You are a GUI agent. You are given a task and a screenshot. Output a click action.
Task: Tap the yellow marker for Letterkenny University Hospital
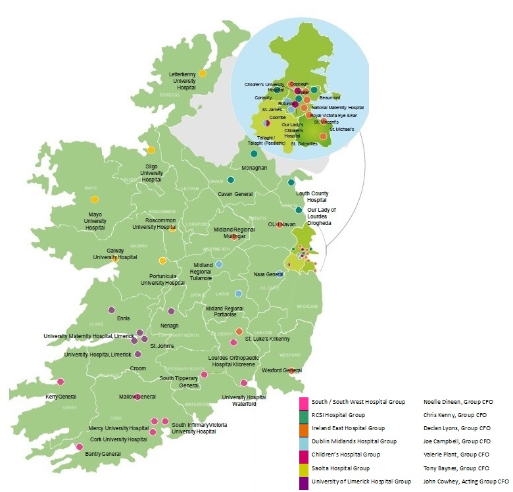[x=203, y=74]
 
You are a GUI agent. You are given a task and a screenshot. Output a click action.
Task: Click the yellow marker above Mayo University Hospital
[x=95, y=199]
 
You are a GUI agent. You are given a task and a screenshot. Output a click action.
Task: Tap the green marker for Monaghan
[x=253, y=154]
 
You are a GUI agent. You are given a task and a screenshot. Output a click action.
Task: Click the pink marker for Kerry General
[x=61, y=381]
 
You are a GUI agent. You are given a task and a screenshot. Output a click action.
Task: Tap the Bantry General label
[x=103, y=454]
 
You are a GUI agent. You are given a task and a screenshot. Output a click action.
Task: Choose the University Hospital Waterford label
[x=243, y=401]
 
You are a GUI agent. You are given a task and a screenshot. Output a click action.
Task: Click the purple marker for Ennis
[x=112, y=310]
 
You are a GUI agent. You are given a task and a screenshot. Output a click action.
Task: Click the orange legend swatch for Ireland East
[x=303, y=428]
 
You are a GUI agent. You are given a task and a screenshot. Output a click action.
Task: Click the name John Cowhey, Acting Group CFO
[x=466, y=481]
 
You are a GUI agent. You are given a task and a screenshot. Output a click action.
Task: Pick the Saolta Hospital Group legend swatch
[x=303, y=468]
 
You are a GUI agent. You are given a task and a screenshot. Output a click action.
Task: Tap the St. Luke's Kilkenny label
[x=267, y=339]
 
